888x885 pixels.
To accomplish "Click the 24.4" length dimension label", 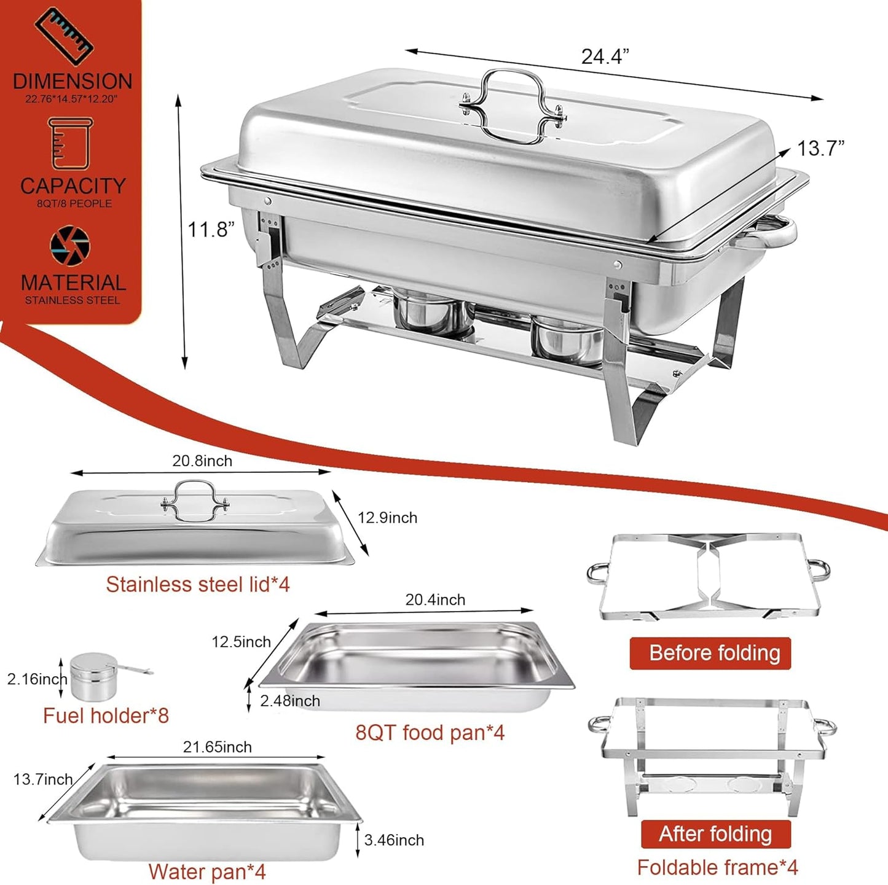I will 605,57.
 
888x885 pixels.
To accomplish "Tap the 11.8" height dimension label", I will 211,230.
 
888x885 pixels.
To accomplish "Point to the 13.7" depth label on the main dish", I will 820,149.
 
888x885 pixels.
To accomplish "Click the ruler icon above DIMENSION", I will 63,36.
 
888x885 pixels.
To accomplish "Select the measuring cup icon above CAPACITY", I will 70,144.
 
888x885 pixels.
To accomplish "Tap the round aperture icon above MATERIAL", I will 70,246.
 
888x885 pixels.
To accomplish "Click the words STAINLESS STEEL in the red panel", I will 73,300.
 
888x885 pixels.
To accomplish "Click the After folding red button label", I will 715,833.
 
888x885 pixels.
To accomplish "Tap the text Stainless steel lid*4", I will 197,584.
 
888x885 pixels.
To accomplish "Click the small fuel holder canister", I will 94,677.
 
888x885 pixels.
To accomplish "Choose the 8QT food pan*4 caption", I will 430,732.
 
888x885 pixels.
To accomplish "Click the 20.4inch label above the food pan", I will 435,599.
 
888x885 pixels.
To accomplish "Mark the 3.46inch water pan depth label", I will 394,840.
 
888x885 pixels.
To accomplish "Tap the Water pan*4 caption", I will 206,871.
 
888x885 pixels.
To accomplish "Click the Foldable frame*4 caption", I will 717,867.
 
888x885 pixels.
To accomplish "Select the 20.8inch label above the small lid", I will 202,461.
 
